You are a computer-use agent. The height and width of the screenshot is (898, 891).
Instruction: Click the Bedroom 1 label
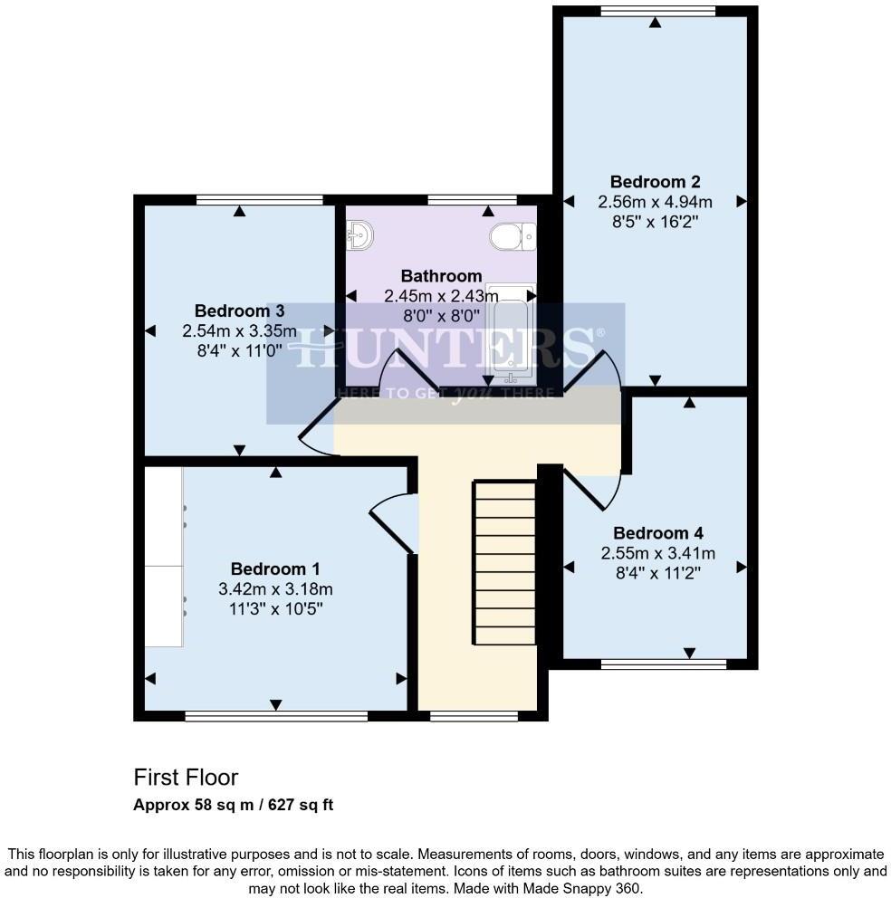point(275,569)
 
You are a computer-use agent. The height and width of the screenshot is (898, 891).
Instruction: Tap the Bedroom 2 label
point(655,182)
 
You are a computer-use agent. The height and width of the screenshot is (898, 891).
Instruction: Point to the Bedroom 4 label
point(658,533)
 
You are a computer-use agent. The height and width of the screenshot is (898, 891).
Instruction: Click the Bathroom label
point(441,276)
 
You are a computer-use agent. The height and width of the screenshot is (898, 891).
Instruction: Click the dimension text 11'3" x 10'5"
point(275,608)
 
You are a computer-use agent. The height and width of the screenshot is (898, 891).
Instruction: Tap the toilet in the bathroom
point(512,237)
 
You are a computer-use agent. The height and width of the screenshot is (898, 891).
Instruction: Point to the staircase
point(505,562)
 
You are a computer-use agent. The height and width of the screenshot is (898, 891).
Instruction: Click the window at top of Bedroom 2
point(656,11)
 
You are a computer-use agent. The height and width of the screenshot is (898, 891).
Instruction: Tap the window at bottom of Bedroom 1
point(276,716)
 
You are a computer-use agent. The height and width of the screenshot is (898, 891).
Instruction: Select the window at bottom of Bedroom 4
point(663,664)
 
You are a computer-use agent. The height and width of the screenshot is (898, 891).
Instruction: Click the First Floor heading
point(186,777)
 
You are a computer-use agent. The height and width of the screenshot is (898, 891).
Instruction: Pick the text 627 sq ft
point(297,804)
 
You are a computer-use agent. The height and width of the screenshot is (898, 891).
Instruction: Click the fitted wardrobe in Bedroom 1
point(164,557)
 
